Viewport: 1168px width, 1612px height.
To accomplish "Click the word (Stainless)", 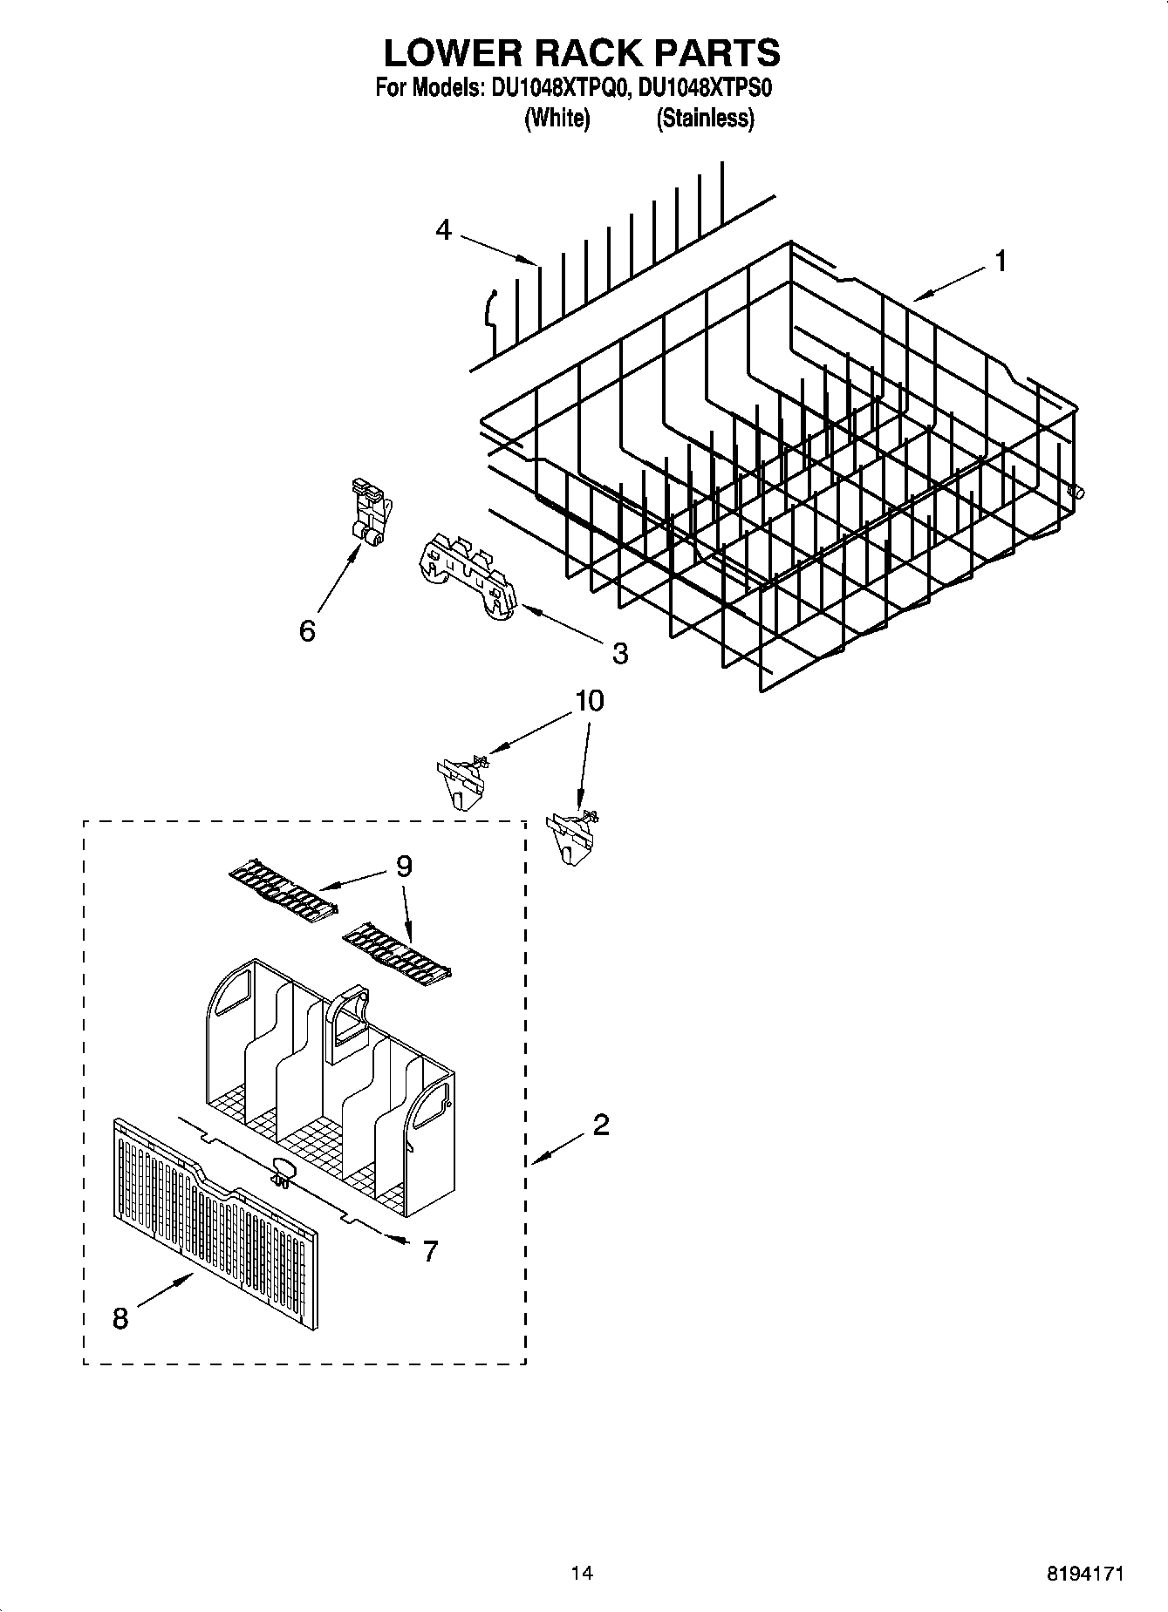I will click(705, 119).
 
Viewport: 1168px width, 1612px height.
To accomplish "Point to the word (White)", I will click(557, 119).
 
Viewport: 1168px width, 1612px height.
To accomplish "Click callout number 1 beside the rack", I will click(1001, 261).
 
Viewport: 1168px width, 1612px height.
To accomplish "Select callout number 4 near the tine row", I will click(444, 230).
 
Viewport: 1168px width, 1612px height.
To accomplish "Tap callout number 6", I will click(307, 630).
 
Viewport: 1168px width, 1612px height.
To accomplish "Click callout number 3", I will click(619, 653).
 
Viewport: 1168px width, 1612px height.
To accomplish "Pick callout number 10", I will click(590, 701).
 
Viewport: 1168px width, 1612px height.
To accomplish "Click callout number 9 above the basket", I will click(403, 866).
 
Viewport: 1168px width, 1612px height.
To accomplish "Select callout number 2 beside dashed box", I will click(600, 1126).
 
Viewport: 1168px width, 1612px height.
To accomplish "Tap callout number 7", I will click(430, 1251).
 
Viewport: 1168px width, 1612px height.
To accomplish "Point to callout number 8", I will click(120, 1319).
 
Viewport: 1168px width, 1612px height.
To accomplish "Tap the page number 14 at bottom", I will click(582, 1573).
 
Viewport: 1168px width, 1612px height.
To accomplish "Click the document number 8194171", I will click(1085, 1574).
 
